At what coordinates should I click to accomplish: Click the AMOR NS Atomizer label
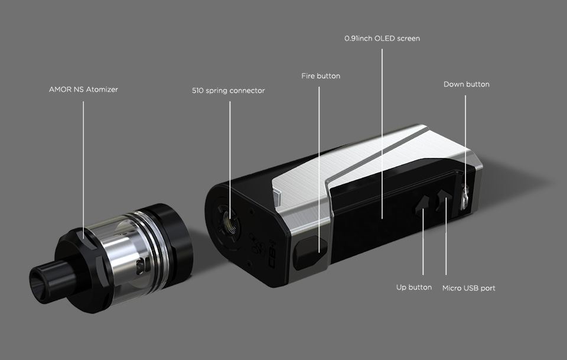83,89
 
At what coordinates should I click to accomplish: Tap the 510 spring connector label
229,90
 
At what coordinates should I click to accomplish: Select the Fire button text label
321,76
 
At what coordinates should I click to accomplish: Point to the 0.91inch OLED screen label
382,38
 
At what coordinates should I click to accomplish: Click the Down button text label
467,85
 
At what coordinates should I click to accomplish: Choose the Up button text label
414,287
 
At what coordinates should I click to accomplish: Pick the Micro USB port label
468,288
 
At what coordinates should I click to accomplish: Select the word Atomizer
102,89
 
